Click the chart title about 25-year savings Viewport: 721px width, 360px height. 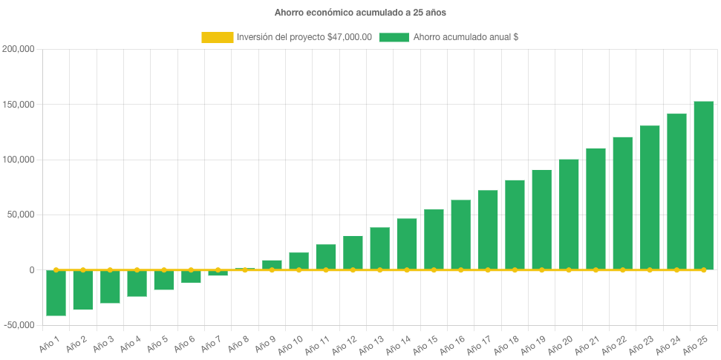(360, 13)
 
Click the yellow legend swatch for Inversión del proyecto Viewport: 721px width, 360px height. (216, 37)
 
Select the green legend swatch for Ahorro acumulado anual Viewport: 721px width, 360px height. (394, 37)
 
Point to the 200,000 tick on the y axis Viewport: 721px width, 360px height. (19, 50)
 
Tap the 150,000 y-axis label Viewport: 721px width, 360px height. (19, 105)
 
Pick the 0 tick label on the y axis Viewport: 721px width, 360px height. (32, 270)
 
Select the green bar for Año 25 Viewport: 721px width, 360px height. (703, 186)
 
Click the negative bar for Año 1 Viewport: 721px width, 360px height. (56, 292)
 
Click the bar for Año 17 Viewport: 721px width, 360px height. (488, 229)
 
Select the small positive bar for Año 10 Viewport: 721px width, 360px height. (298, 261)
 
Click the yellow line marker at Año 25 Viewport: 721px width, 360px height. (703, 270)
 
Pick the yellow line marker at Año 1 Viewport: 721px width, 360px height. (56, 270)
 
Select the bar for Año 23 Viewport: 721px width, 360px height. (650, 197)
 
